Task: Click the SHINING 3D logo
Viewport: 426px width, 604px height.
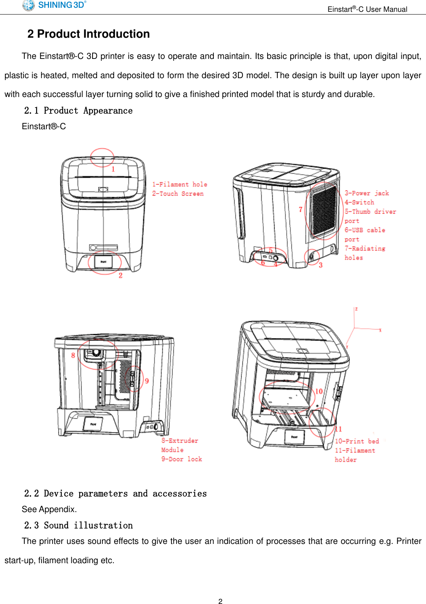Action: click(54, 5)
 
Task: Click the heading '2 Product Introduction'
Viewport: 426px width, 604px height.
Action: click(89, 34)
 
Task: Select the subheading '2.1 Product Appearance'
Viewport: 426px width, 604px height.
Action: click(78, 111)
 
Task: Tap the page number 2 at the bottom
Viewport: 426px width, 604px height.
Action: click(220, 601)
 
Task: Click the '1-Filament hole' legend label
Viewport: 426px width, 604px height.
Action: click(180, 184)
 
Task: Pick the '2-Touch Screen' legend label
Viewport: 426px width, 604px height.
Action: click(178, 194)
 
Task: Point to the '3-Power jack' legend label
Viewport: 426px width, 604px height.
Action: click(367, 193)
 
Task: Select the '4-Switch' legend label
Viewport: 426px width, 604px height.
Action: click(359, 202)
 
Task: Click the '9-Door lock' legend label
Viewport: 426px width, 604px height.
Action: click(182, 459)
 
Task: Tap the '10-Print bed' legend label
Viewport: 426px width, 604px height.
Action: click(357, 441)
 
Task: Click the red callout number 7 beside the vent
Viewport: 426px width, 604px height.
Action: click(300, 210)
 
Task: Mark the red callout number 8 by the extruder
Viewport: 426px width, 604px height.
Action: click(73, 355)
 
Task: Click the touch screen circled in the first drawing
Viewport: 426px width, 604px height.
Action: click(104, 262)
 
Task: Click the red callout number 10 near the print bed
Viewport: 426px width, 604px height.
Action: click(319, 391)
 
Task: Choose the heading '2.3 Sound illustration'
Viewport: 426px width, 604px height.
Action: click(78, 525)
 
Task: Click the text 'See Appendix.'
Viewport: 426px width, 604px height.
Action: click(49, 509)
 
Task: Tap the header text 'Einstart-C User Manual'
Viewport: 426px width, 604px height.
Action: click(367, 9)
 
